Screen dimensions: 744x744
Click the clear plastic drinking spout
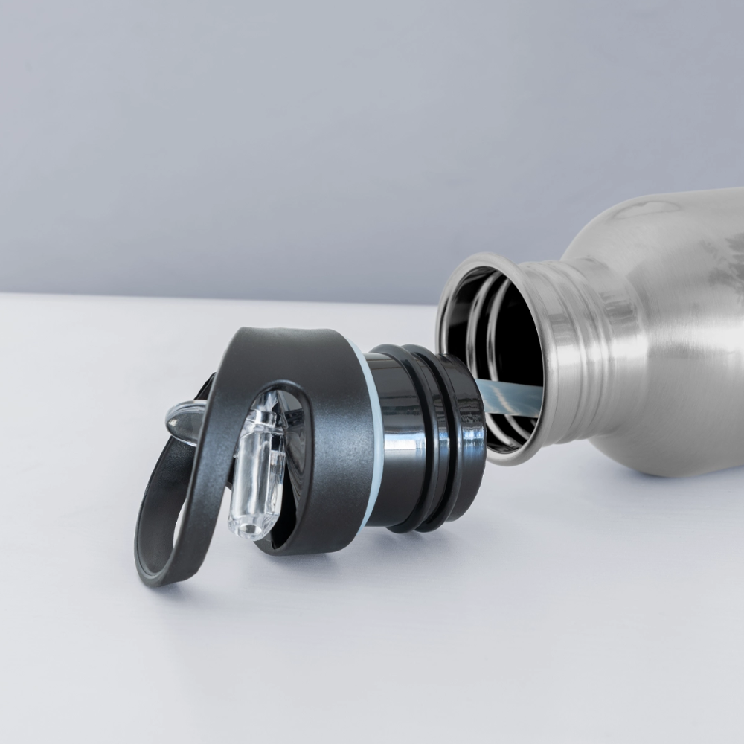(x=257, y=469)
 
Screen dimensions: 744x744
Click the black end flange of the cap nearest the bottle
(x=465, y=432)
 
